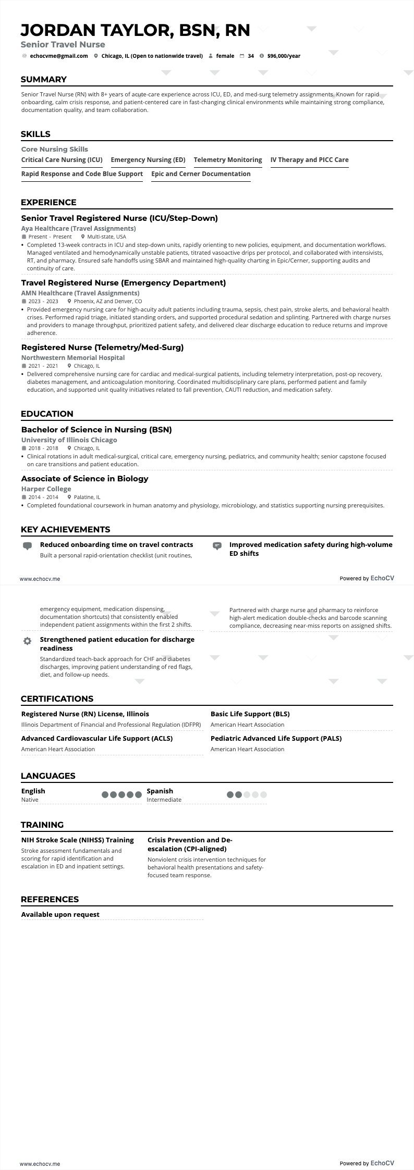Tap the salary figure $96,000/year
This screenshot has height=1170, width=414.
click(x=284, y=56)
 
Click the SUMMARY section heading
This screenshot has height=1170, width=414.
click(x=44, y=80)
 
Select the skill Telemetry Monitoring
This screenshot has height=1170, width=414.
click(x=228, y=160)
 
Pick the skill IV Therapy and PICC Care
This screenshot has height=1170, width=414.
click(x=309, y=160)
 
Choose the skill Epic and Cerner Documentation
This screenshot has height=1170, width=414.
click(x=201, y=174)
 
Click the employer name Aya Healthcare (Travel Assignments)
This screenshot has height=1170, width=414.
click(x=78, y=229)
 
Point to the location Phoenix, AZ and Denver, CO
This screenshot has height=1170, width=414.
click(x=107, y=301)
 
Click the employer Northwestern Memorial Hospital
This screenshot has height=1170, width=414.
click(x=73, y=358)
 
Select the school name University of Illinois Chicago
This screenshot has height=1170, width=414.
click(x=69, y=440)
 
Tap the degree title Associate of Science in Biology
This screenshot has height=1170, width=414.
click(x=84, y=478)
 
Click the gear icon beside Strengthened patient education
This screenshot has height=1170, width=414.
click(x=28, y=641)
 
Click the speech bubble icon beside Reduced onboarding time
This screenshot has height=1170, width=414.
click(x=28, y=545)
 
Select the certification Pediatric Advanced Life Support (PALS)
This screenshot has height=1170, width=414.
click(x=276, y=738)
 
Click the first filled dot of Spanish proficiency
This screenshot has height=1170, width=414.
click(x=230, y=795)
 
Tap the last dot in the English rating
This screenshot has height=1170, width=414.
click(x=138, y=795)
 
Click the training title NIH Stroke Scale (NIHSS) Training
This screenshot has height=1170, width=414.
click(x=77, y=840)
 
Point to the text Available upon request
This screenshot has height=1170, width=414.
click(x=60, y=914)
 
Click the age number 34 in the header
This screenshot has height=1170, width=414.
click(x=251, y=56)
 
